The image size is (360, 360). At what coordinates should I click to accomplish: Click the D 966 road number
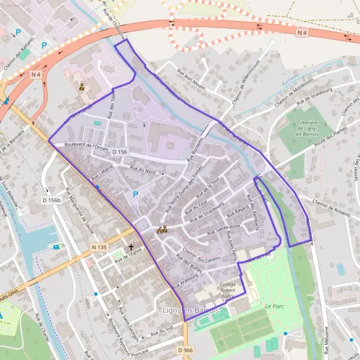tap(186, 350)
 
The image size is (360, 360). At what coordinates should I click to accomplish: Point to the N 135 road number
tap(100, 247)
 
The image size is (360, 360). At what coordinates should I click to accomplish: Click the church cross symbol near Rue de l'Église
tap(131, 247)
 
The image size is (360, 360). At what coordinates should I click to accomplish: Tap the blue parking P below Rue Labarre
tap(135, 194)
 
